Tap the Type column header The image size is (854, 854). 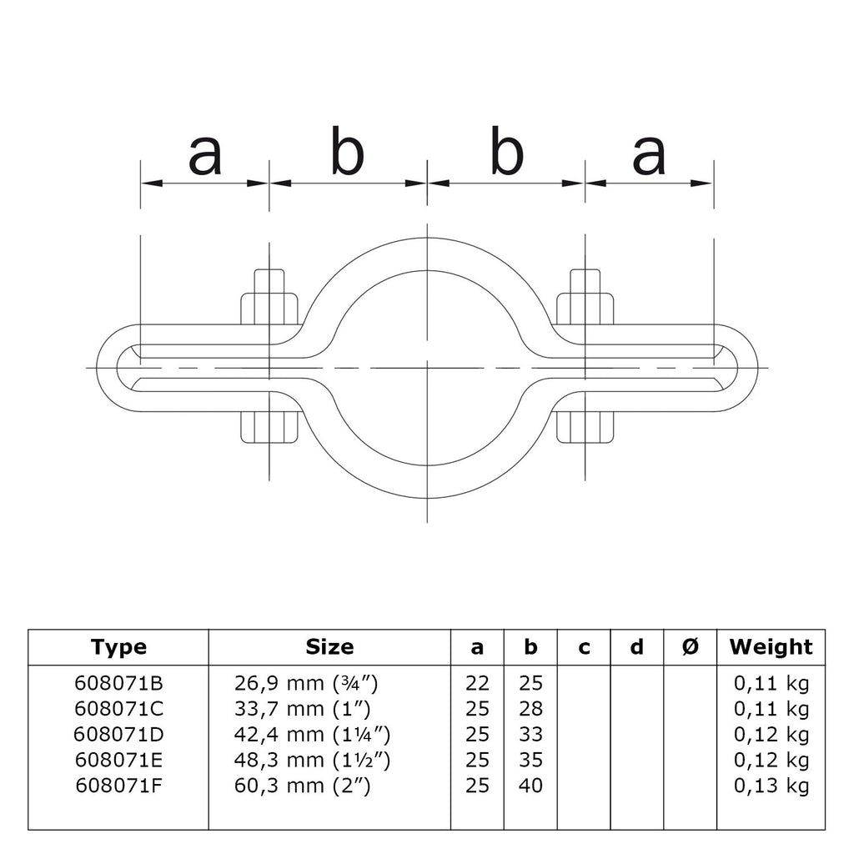[x=118, y=647]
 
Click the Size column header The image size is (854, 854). [x=329, y=647]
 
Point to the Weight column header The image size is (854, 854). [x=770, y=647]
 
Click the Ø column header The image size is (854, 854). [x=690, y=647]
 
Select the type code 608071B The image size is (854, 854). [x=118, y=684]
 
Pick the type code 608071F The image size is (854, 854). [x=118, y=786]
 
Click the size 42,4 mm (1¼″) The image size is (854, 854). [x=313, y=735]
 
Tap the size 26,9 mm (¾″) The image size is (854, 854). [x=307, y=684]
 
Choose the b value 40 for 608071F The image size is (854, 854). [x=530, y=786]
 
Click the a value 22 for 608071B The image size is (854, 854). [x=478, y=684]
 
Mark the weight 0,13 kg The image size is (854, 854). [x=771, y=786]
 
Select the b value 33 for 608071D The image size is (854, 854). [x=530, y=735]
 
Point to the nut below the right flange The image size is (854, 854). [x=585, y=427]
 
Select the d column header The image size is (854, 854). [x=636, y=647]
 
